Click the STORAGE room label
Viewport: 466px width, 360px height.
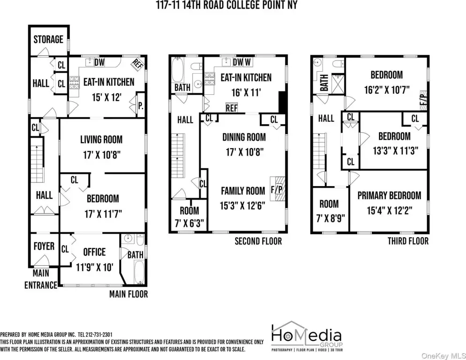coord(48,39)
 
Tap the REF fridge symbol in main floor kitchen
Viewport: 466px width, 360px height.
coord(137,64)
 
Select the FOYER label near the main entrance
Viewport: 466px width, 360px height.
coord(44,246)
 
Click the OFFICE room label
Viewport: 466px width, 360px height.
coord(94,252)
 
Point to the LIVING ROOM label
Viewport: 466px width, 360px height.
coord(101,139)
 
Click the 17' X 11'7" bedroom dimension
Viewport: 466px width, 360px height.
coord(103,214)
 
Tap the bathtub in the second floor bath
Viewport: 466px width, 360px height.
coord(178,70)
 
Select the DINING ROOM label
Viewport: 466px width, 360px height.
coord(244,137)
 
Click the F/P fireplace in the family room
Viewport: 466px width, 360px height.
coord(277,189)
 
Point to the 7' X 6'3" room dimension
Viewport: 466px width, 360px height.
coord(189,223)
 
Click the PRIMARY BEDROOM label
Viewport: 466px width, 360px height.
coord(389,195)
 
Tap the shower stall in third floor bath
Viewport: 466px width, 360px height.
coord(338,83)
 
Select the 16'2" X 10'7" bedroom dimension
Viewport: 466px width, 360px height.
coord(387,90)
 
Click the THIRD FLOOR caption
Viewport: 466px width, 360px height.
coord(408,241)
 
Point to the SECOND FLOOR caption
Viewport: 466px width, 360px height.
coord(258,241)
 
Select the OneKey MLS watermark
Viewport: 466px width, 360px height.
coord(443,355)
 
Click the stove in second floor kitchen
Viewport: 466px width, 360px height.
coord(209,79)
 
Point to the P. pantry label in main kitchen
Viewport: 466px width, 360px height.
coord(141,105)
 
